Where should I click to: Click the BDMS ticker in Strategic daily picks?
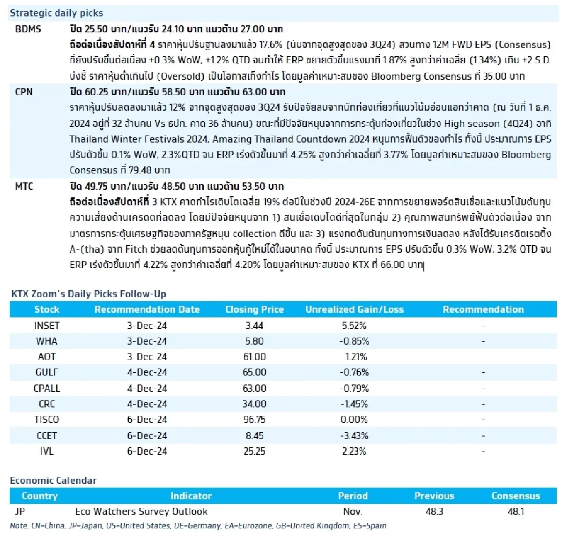[28, 29]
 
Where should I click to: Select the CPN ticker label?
[24, 92]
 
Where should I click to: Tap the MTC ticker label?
[24, 186]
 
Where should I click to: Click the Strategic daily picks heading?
[56, 13]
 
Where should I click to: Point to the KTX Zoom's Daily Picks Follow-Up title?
[89, 294]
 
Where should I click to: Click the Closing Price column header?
[254, 309]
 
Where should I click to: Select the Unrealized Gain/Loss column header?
[354, 309]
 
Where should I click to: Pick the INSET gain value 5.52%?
[354, 325]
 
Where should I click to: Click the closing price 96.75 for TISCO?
[254, 420]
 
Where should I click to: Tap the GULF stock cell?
[47, 372]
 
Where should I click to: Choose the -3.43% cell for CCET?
[354, 436]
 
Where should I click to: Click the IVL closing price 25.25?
[254, 451]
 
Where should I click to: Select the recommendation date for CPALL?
[147, 388]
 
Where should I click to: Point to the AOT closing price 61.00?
[254, 357]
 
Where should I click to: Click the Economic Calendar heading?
[53, 480]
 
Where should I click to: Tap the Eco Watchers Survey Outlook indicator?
[141, 512]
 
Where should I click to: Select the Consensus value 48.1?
[516, 512]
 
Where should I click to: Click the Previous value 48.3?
[434, 512]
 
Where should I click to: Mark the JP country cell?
[20, 512]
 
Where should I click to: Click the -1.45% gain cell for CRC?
[354, 404]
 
